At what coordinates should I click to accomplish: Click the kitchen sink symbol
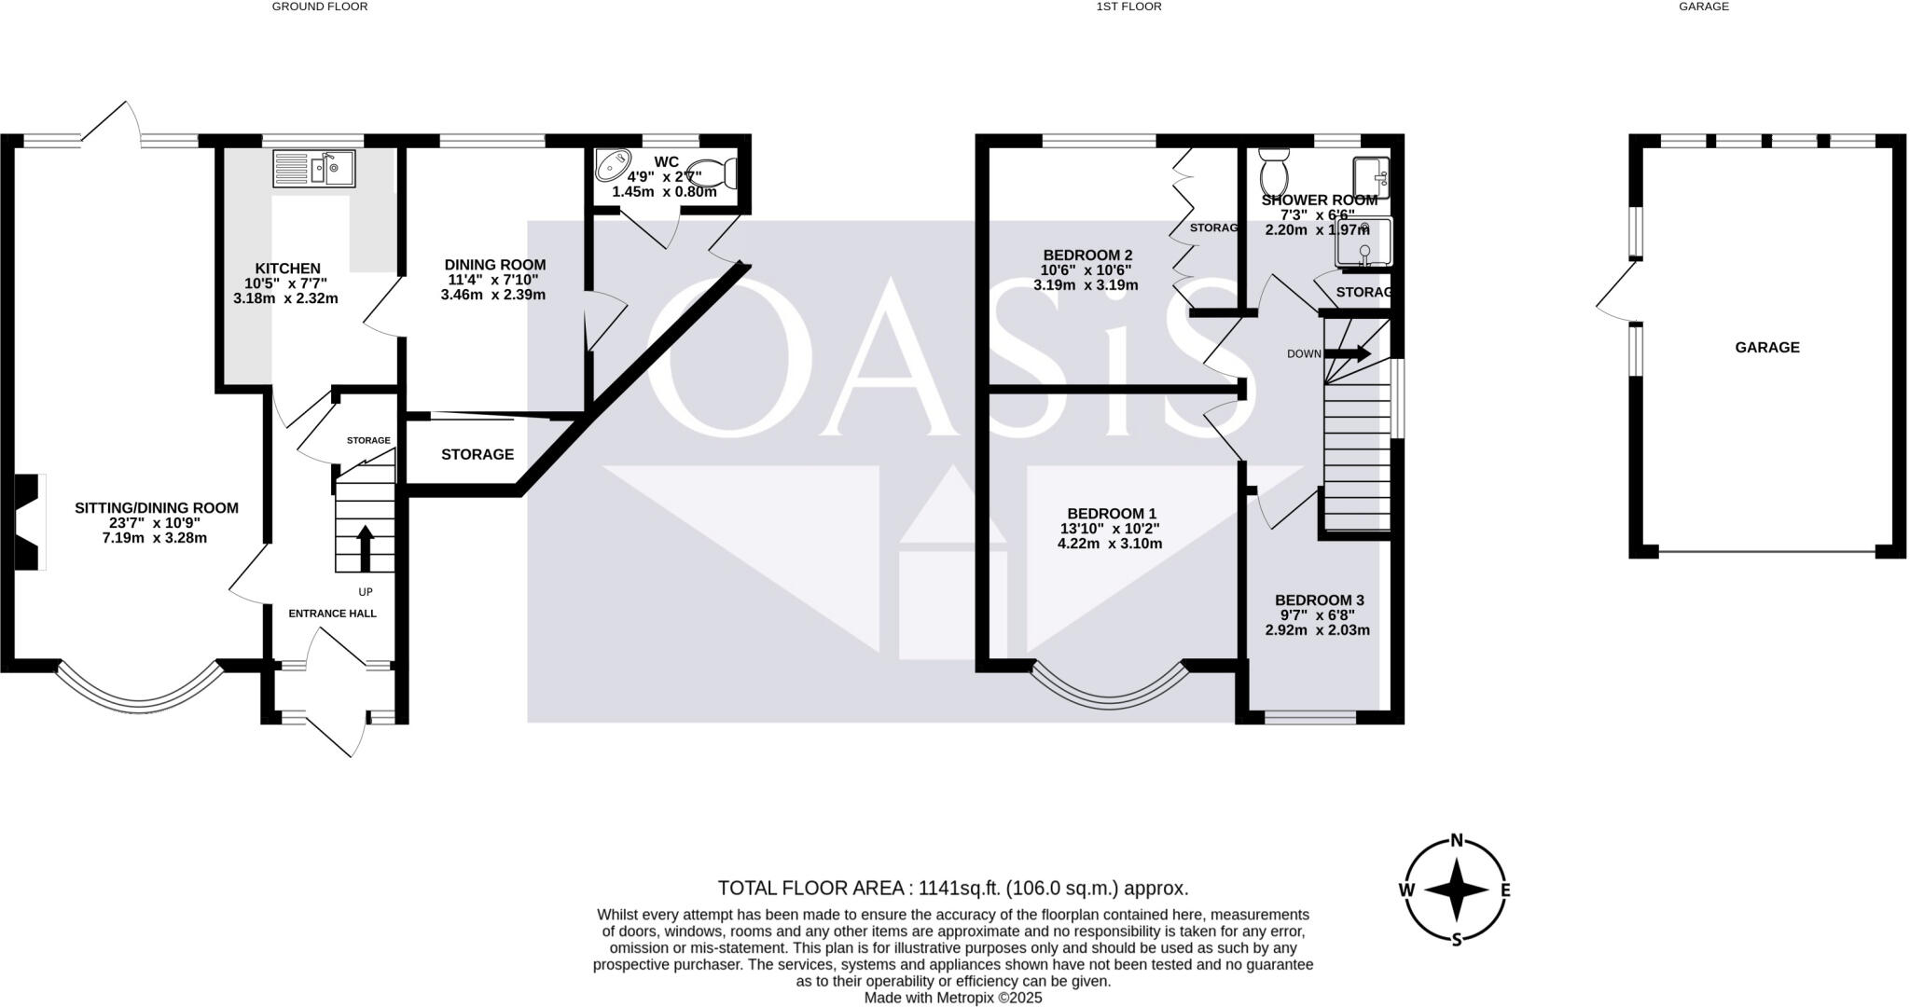click(x=313, y=169)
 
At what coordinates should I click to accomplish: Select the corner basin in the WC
click(x=613, y=166)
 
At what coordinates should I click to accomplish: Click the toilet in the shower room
click(x=1273, y=172)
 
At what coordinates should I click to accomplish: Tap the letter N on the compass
click(x=1456, y=840)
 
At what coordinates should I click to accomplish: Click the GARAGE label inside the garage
click(x=1766, y=348)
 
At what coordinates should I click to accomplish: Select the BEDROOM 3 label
click(x=1319, y=600)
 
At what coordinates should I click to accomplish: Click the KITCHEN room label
click(x=287, y=269)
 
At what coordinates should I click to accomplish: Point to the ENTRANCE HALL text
click(x=332, y=614)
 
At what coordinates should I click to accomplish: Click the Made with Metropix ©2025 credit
click(x=952, y=998)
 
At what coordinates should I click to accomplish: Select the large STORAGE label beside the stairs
click(x=477, y=454)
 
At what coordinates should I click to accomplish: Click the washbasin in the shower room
click(x=1370, y=176)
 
